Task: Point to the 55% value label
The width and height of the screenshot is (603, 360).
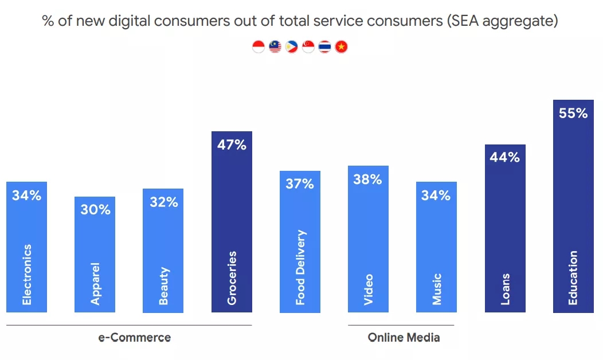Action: (573, 114)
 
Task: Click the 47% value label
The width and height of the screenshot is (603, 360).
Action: (232, 145)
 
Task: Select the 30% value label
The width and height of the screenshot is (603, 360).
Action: (95, 210)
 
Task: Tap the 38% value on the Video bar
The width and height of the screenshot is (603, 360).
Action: (367, 179)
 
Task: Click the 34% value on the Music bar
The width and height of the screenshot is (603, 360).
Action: (436, 195)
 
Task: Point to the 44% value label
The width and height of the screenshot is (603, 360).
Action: (505, 157)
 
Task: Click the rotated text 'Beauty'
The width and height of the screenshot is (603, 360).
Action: (164, 285)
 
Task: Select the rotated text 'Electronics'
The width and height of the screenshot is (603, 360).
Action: (27, 275)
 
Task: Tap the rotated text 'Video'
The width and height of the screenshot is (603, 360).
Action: (368, 289)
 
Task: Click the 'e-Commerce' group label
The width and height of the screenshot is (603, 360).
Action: (135, 337)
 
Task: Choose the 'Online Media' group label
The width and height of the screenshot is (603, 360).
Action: (404, 337)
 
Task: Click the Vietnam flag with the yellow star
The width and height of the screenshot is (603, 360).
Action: (342, 47)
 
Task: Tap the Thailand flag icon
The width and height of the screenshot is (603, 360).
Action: (325, 47)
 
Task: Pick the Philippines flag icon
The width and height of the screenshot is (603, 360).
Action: (292, 47)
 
